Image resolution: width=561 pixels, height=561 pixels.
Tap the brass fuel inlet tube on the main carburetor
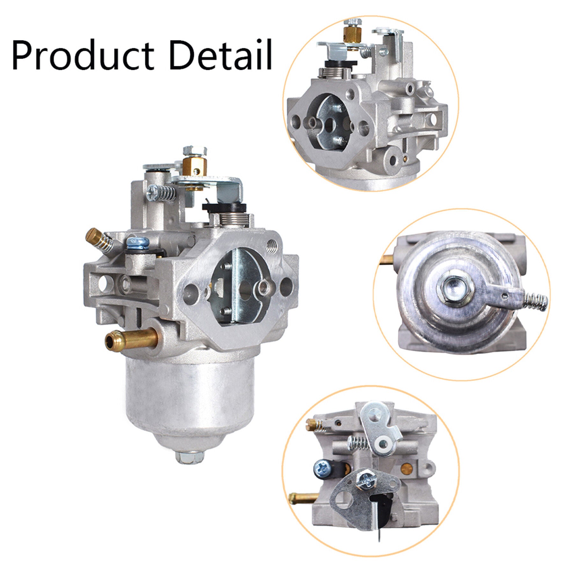tap(131, 339)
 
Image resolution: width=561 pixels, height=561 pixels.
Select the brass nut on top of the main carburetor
tap(195, 169)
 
